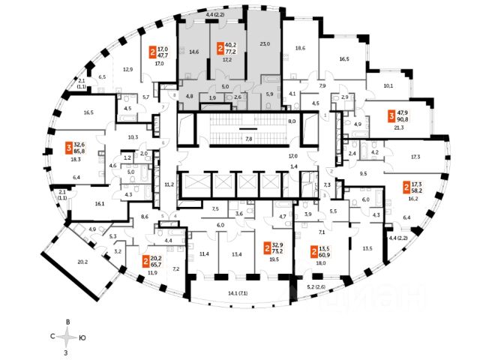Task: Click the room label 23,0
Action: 264,43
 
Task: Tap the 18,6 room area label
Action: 300,47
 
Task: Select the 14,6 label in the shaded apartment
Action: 195,53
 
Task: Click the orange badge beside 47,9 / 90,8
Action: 391,116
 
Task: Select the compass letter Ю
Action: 82,338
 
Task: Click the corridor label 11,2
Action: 169,184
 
